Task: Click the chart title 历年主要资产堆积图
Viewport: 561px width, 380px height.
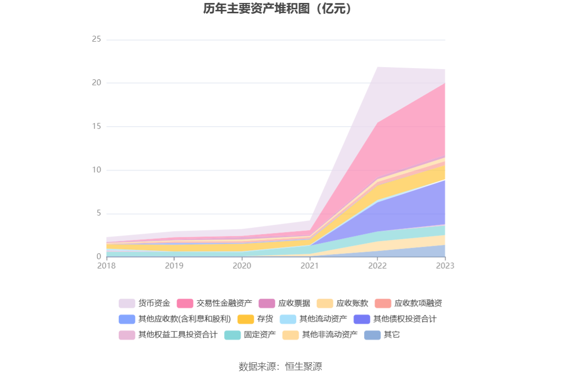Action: click(x=280, y=9)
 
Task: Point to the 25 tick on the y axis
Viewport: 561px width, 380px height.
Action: click(x=96, y=39)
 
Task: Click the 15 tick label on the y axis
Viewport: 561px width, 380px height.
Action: click(x=96, y=126)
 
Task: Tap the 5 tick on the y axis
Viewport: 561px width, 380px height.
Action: click(x=98, y=214)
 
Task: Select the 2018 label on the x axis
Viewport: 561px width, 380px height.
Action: click(x=107, y=266)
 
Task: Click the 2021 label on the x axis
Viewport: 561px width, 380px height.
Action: click(x=309, y=266)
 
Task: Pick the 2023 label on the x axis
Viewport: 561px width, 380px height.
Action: click(x=445, y=266)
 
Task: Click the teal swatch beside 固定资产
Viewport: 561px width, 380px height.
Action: click(x=233, y=335)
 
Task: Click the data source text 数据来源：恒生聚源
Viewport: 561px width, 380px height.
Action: click(x=280, y=366)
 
